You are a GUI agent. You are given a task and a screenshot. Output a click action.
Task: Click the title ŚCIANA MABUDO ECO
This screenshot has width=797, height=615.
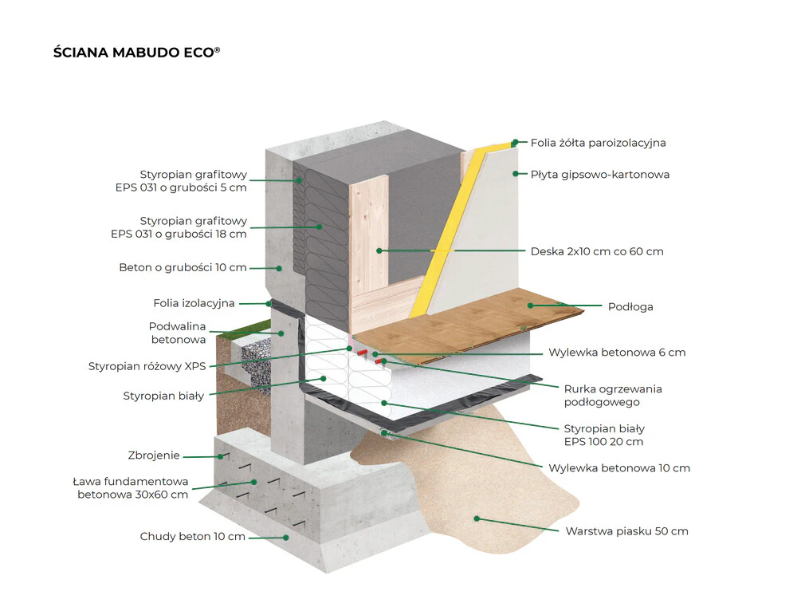(x=137, y=53)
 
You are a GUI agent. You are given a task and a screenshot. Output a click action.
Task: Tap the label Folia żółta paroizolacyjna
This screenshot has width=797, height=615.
(x=599, y=143)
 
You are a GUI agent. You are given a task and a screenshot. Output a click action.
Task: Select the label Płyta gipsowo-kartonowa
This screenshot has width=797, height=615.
(x=600, y=175)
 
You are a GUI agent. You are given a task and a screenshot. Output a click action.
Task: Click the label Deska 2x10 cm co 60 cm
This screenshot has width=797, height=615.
(x=597, y=251)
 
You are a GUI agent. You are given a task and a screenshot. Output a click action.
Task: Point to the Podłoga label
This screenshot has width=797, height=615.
(x=630, y=307)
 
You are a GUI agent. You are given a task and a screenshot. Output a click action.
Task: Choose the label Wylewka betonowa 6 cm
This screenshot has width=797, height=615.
(x=617, y=353)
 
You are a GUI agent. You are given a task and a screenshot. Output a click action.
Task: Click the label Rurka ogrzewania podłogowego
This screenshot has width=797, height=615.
(x=613, y=396)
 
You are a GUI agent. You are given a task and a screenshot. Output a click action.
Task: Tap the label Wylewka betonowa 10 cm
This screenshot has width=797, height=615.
(x=619, y=468)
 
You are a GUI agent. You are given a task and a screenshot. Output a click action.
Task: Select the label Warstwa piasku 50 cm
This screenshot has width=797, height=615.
(x=626, y=531)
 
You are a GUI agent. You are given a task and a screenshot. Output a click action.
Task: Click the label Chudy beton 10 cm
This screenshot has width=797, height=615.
(x=193, y=537)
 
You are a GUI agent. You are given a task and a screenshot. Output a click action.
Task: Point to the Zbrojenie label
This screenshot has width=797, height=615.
(x=154, y=455)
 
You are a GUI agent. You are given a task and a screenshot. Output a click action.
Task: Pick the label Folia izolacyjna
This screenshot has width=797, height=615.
(x=194, y=303)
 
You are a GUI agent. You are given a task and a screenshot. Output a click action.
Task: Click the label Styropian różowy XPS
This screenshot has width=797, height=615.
(x=147, y=366)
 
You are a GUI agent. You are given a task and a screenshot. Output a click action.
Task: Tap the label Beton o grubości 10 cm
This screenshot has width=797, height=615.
(x=183, y=267)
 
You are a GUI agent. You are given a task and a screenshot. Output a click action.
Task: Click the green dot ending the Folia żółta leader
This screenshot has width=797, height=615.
(x=516, y=143)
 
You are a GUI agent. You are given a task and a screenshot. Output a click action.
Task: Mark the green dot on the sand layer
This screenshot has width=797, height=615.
(x=477, y=518)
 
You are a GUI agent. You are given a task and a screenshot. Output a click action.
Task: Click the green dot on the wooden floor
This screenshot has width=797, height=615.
(x=530, y=306)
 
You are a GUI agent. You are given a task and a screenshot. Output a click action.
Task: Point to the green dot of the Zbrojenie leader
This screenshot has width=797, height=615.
(x=220, y=456)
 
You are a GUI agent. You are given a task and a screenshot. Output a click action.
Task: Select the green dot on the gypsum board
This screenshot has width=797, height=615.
(x=516, y=174)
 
